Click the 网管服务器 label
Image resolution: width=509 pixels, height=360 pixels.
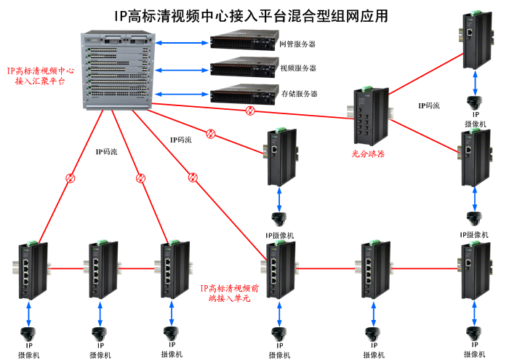[297, 44]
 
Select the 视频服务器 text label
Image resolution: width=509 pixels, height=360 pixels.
[297, 68]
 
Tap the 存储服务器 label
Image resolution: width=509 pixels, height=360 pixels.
[297, 94]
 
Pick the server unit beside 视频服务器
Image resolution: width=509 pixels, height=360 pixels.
[241, 68]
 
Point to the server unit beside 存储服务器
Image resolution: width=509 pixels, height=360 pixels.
[241, 93]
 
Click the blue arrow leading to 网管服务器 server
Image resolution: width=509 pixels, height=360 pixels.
[181, 44]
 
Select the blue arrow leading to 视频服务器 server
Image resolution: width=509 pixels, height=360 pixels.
[181, 70]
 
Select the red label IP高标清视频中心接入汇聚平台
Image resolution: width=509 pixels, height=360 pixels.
[40, 76]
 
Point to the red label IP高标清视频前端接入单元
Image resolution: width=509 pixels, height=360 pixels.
[229, 293]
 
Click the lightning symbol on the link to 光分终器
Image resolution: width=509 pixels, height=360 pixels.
[250, 111]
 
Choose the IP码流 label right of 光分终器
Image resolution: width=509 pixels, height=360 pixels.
[429, 105]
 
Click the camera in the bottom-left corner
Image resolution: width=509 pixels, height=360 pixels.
[29, 334]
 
